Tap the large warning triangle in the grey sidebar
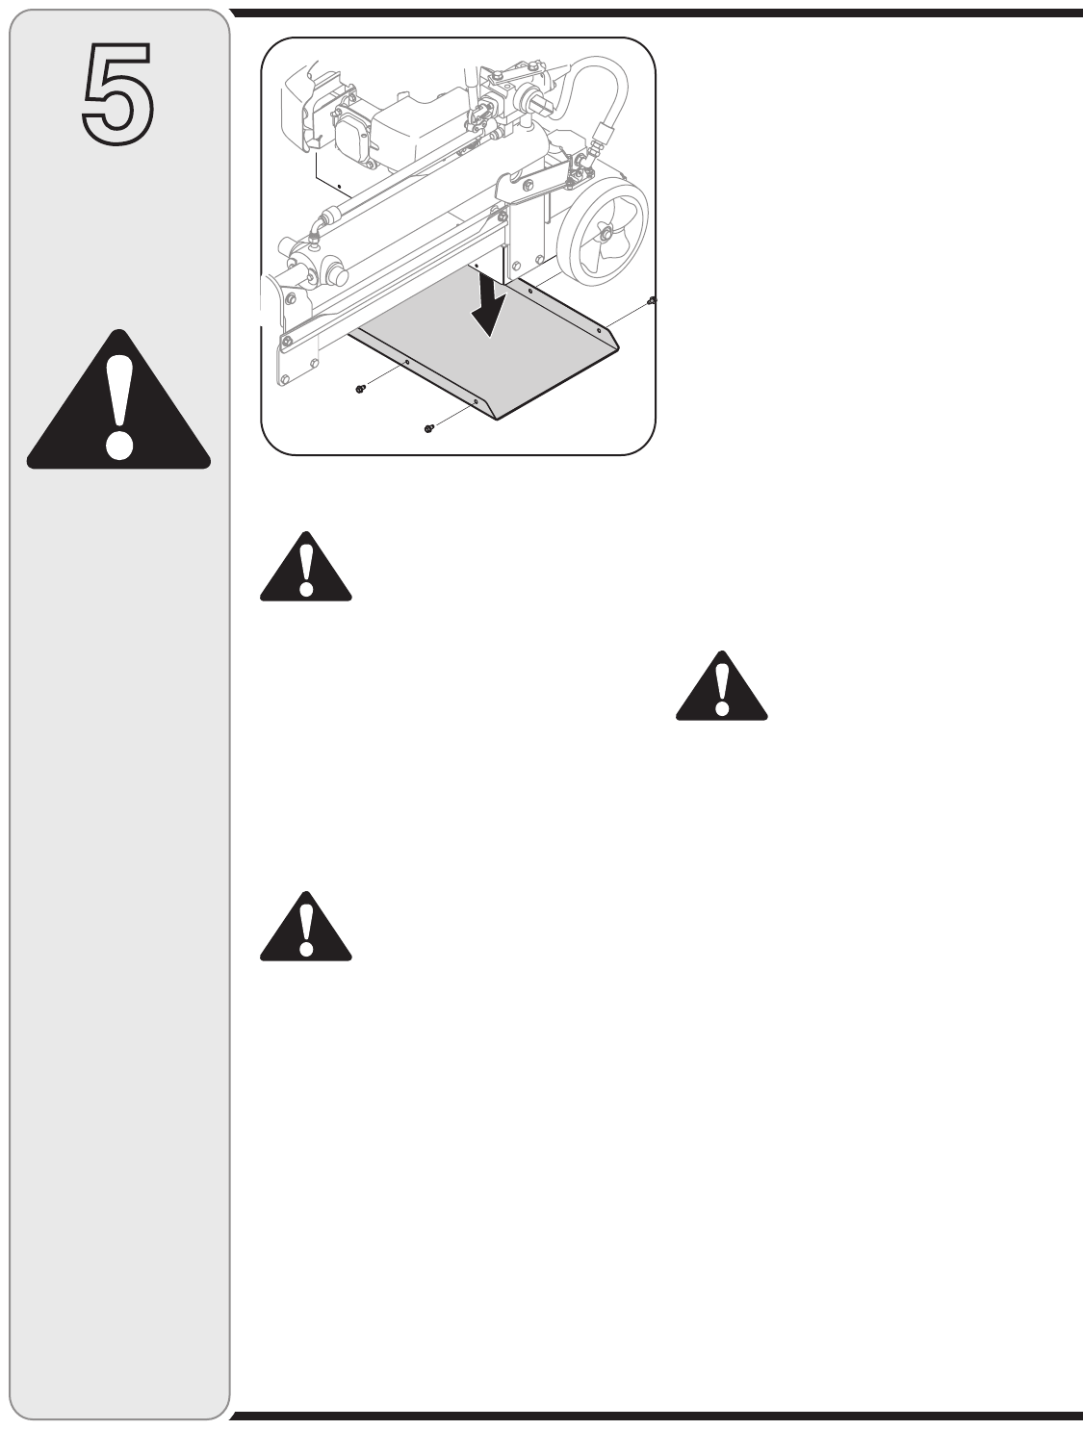point(118,404)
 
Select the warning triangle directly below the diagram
point(305,569)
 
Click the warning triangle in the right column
point(721,688)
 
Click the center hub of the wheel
point(606,232)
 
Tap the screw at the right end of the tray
point(652,301)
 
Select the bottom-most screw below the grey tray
point(429,427)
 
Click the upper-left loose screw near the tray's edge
point(359,389)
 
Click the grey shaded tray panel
point(481,356)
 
